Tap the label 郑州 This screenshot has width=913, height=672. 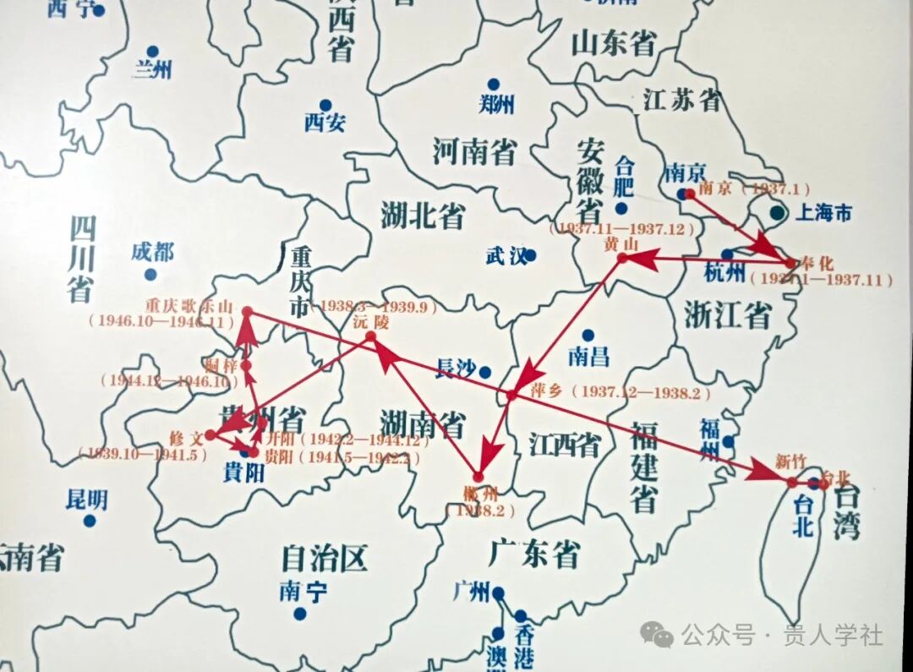click(495, 104)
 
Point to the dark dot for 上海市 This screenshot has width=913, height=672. click(777, 213)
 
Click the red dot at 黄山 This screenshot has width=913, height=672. click(622, 258)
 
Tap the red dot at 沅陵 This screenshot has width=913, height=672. click(370, 337)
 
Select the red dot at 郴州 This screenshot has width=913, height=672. click(478, 477)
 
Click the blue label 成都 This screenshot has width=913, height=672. click(152, 251)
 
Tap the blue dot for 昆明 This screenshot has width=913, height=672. click(89, 521)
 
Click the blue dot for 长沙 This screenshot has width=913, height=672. click(484, 371)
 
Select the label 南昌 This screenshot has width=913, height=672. click(588, 355)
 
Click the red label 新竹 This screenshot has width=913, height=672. click(790, 462)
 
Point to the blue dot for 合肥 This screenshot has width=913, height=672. click(621, 208)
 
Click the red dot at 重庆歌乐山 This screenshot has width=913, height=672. click(247, 312)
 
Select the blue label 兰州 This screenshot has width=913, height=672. click(151, 69)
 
